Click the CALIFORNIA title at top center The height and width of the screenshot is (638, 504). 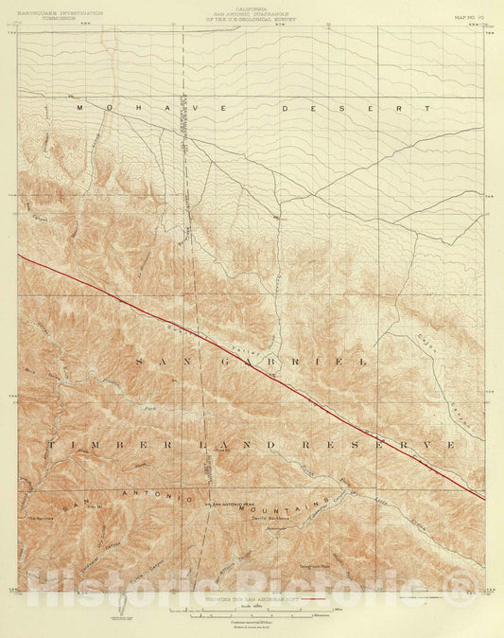(x=252, y=7)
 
